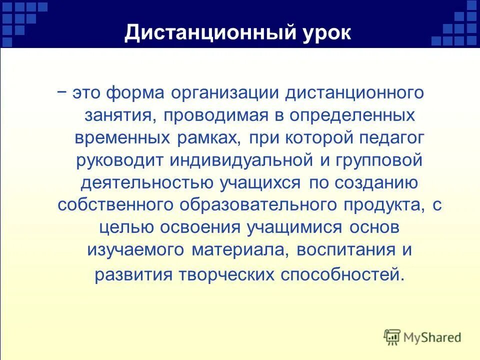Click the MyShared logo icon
[392, 337]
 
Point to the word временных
[125, 138]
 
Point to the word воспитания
[344, 250]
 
